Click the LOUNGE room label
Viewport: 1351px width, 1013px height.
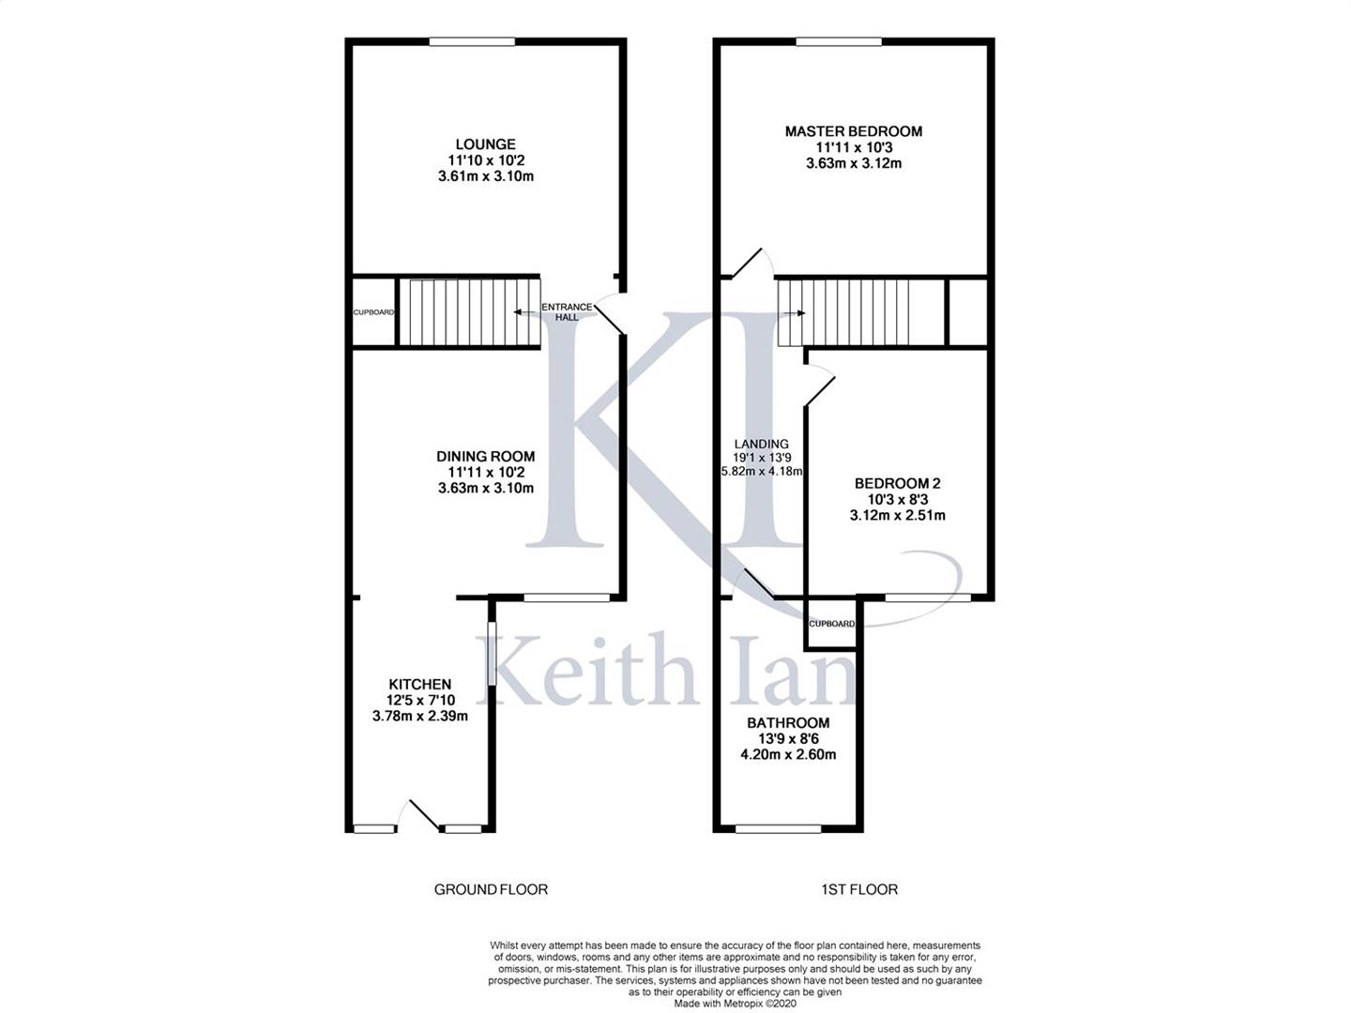[485, 144]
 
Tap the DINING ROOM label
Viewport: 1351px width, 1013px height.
[485, 457]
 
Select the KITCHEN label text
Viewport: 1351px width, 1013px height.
[419, 684]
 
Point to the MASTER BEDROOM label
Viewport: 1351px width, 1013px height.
[853, 131]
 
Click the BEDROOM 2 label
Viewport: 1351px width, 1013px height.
[897, 483]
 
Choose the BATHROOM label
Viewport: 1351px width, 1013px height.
[788, 722]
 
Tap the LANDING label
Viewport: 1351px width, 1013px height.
[762, 444]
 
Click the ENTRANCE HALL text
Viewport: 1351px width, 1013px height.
[567, 311]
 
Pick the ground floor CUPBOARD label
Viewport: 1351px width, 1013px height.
[373, 312]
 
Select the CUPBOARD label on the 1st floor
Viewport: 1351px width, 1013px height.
[831, 624]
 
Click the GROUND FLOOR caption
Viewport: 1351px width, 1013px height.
[491, 889]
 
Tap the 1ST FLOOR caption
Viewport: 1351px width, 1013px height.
[859, 889]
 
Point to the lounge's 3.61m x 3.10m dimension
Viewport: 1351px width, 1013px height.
[485, 176]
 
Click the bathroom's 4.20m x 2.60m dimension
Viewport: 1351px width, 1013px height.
[788, 755]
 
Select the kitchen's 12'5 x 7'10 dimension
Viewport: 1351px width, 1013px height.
[419, 700]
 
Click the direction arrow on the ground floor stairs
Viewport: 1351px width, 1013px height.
[525, 312]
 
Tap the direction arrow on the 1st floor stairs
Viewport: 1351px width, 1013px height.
[793, 313]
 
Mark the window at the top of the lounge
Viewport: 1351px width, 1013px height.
[472, 42]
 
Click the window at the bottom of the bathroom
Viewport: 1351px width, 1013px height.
[778, 829]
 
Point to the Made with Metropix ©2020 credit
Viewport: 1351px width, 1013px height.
[735, 1004]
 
